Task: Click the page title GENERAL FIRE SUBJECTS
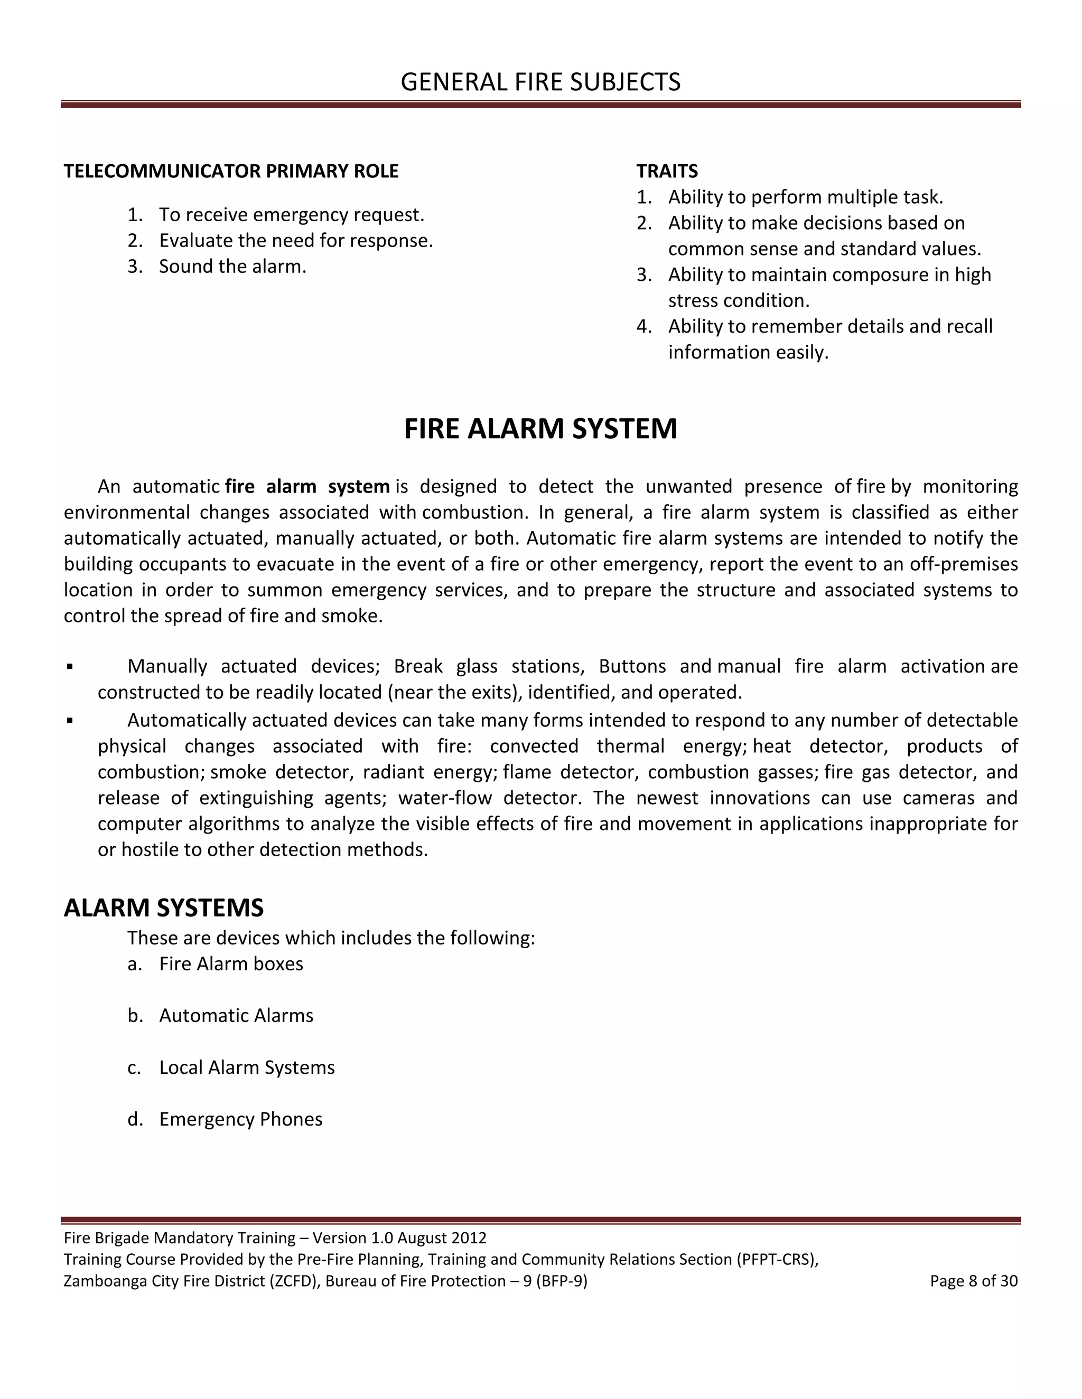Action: (540, 82)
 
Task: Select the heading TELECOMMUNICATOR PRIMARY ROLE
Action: (231, 171)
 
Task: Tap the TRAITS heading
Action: (667, 171)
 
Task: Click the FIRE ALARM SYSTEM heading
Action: (540, 429)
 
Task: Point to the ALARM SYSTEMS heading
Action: (163, 908)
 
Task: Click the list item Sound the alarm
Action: (232, 267)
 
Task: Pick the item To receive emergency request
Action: (291, 214)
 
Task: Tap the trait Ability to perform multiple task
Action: (805, 197)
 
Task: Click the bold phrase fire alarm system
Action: (307, 487)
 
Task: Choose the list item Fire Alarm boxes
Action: (231, 964)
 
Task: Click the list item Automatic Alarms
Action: (236, 1016)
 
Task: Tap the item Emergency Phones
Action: (240, 1119)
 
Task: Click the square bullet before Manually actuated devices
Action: (70, 667)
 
